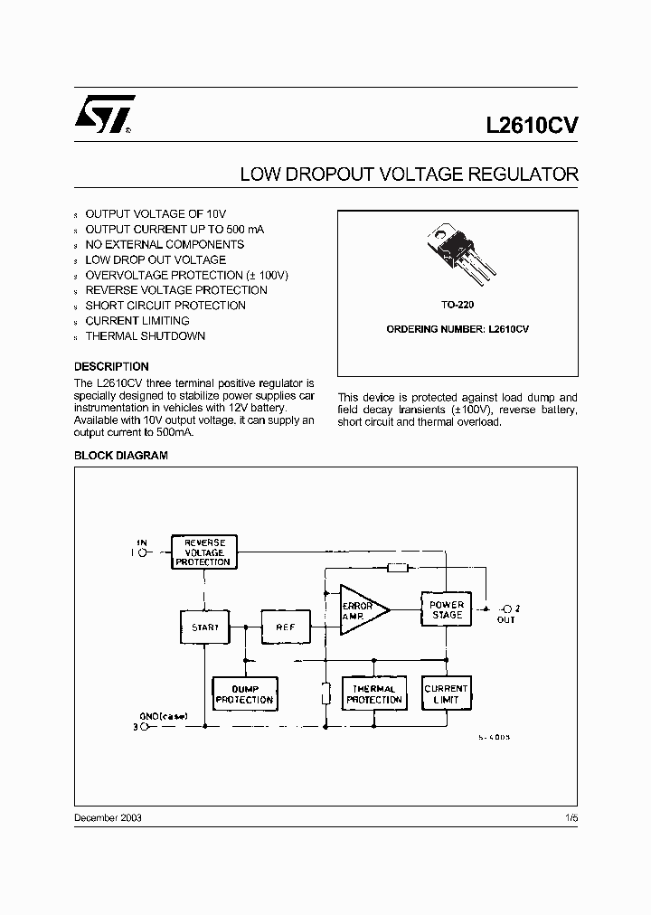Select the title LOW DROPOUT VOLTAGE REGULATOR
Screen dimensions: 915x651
pos(408,175)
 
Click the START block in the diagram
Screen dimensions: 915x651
pos(204,626)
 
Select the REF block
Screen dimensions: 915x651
pos(286,626)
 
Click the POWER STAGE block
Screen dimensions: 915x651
pos(447,610)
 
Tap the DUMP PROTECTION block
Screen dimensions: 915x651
pos(244,694)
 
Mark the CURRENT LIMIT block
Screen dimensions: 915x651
pos(447,694)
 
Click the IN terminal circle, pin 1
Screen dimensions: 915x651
pos(143,551)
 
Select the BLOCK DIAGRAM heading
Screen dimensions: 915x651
pos(120,456)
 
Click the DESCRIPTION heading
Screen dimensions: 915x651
pos(111,367)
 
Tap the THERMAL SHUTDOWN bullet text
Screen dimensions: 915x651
pos(145,336)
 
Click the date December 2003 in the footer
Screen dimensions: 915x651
pos(108,817)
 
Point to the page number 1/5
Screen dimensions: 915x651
pos(571,817)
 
